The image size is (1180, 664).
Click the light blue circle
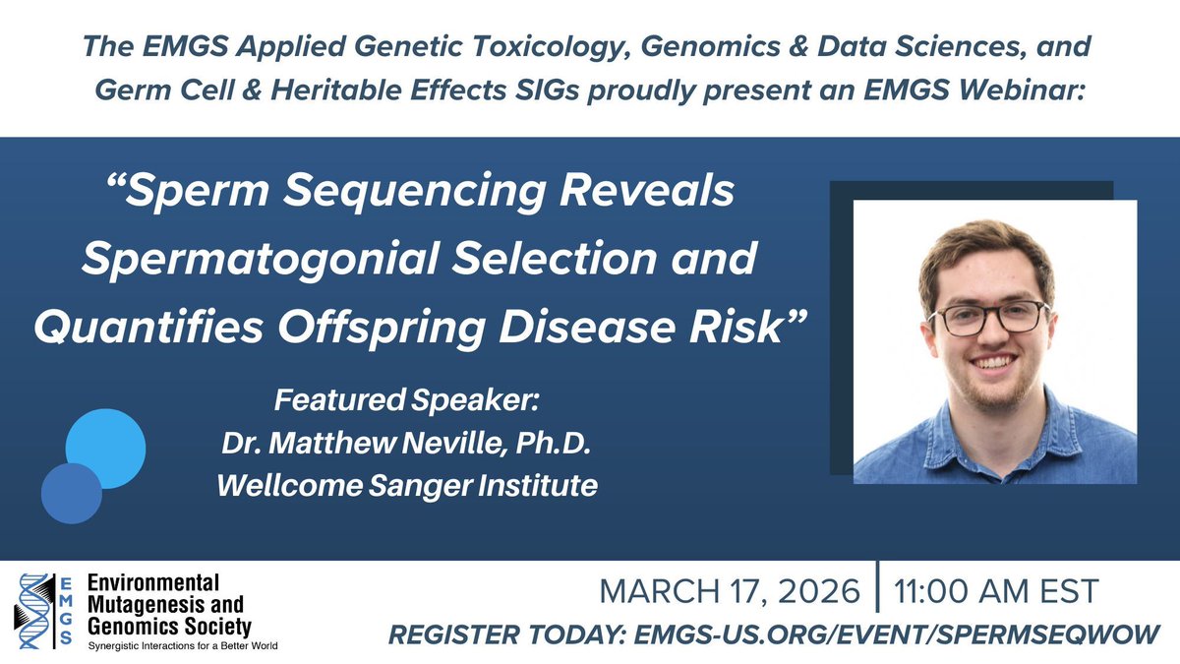tap(105, 449)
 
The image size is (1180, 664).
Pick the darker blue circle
tap(72, 493)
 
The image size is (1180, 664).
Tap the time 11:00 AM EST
tap(996, 592)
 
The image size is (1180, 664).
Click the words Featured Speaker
tap(408, 402)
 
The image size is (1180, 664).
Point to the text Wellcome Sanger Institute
tap(408, 485)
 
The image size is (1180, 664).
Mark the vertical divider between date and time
tap(875, 592)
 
